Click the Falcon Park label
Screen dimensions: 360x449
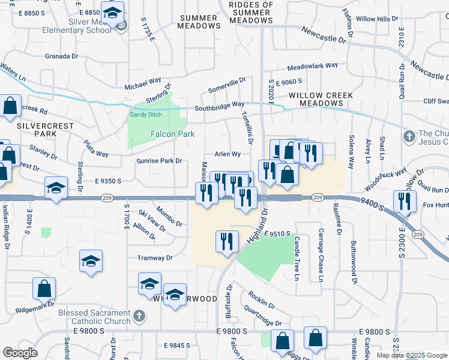click(172, 134)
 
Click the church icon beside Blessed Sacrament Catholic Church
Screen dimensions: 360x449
click(139, 316)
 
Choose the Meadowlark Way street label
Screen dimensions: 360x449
click(312, 67)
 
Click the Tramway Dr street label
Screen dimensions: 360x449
click(156, 258)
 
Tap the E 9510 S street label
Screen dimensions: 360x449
click(276, 233)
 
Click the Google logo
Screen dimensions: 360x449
click(19, 353)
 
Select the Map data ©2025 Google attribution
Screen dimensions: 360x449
click(412, 355)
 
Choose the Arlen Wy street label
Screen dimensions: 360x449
click(228, 154)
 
